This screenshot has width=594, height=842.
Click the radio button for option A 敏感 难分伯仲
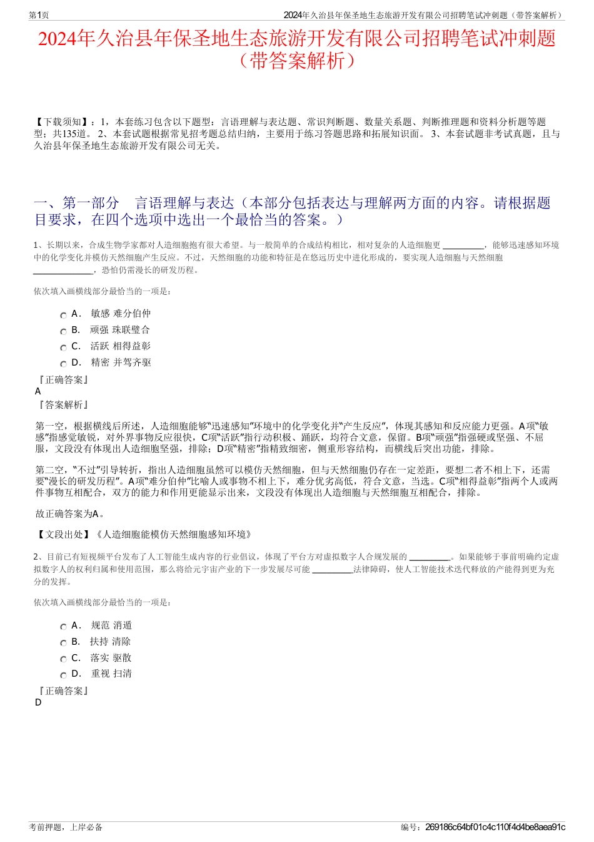pos(63,315)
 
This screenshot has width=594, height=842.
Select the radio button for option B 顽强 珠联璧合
pos(63,331)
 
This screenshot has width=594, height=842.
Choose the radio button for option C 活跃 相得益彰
pos(63,347)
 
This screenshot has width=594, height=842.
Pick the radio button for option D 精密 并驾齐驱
pos(63,364)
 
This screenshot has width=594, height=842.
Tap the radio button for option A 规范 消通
pos(63,627)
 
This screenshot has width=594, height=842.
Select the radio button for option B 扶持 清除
pos(63,643)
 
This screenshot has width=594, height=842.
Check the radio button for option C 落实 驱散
pos(63,659)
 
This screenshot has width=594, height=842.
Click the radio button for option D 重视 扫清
pos(63,675)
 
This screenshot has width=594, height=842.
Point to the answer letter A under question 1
pos(38,391)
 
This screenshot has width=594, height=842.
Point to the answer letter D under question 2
pos(38,702)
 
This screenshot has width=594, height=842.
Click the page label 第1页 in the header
pos(39,15)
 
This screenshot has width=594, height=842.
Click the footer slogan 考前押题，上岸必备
pos(66,827)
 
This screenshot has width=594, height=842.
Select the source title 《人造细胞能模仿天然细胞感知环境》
pos(174,535)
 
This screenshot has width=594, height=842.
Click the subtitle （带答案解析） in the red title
pos(296,61)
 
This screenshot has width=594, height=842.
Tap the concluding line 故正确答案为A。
pos(71,514)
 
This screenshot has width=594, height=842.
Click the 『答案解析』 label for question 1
pos(63,405)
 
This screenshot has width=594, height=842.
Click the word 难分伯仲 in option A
pos(132,314)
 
